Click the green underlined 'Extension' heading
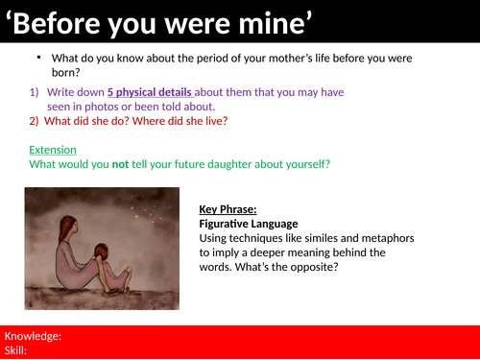(x=53, y=151)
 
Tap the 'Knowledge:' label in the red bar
(x=33, y=336)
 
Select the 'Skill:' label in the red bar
(x=16, y=350)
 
